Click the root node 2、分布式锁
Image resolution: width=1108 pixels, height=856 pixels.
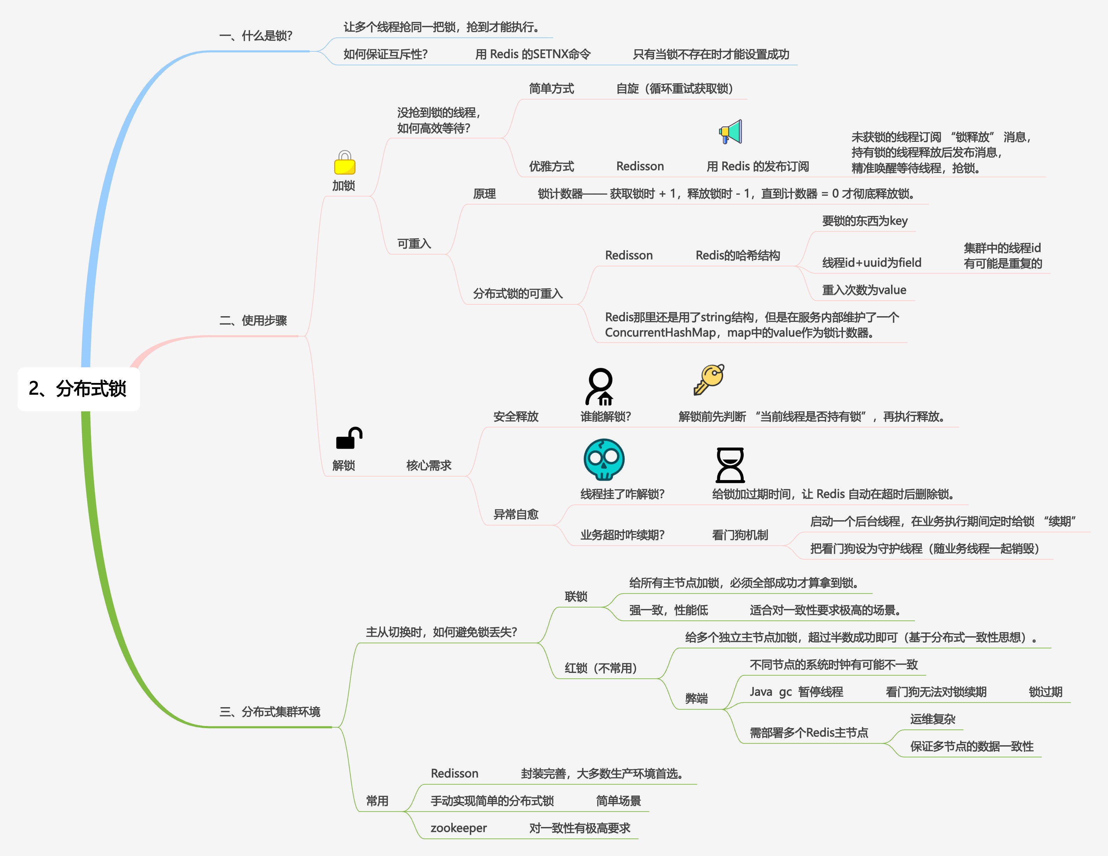[x=78, y=389]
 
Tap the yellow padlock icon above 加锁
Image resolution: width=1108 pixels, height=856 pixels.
[x=344, y=163]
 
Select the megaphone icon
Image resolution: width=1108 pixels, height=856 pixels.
[x=730, y=132]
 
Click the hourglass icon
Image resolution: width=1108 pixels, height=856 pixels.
[x=730, y=465]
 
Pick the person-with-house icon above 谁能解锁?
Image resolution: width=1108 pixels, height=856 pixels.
[x=600, y=387]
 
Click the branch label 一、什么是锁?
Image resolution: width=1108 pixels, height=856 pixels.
[x=256, y=36]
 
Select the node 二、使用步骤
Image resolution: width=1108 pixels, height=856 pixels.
[x=253, y=321]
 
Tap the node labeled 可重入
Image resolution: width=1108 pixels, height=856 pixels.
[x=414, y=244]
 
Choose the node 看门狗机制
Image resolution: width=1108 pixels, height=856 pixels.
[x=740, y=535]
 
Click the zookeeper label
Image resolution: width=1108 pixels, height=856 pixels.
[x=458, y=828]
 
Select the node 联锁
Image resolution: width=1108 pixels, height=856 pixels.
[x=576, y=597]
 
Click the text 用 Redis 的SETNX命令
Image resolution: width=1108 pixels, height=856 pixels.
[x=533, y=54]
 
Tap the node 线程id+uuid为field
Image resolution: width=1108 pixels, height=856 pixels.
[x=872, y=263]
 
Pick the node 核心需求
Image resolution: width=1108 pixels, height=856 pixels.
[x=429, y=465]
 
